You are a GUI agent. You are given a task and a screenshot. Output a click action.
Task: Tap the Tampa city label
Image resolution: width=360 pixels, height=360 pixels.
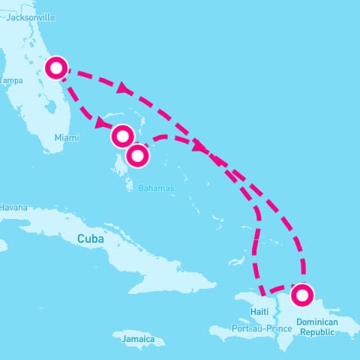[11, 80]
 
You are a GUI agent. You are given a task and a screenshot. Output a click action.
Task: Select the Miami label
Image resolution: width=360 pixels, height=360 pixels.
[66, 137]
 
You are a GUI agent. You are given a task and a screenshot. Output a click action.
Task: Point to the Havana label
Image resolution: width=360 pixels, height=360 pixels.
[13, 207]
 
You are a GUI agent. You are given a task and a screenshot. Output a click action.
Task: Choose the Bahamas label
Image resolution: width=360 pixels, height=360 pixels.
[156, 187]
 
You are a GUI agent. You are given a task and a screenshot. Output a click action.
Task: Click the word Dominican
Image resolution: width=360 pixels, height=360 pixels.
[317, 322]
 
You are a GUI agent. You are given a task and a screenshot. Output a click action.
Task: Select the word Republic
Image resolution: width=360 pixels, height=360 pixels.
[316, 331]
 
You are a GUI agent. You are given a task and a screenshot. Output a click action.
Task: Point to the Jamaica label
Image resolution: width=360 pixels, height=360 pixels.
[139, 340]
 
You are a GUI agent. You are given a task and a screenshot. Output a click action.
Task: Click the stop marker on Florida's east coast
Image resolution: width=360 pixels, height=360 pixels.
[57, 67]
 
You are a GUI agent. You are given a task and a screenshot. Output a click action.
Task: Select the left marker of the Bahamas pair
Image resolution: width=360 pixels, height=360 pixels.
[122, 136]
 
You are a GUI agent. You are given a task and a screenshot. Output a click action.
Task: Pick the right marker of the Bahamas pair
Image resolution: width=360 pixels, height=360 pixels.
[137, 155]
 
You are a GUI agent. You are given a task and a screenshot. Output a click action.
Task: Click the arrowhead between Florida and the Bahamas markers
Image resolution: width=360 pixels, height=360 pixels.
[100, 122]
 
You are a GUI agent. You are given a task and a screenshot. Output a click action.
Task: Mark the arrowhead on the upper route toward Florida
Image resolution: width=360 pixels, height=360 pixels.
[121, 88]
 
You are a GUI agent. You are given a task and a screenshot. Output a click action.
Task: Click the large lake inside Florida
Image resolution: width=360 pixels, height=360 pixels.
[50, 107]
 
